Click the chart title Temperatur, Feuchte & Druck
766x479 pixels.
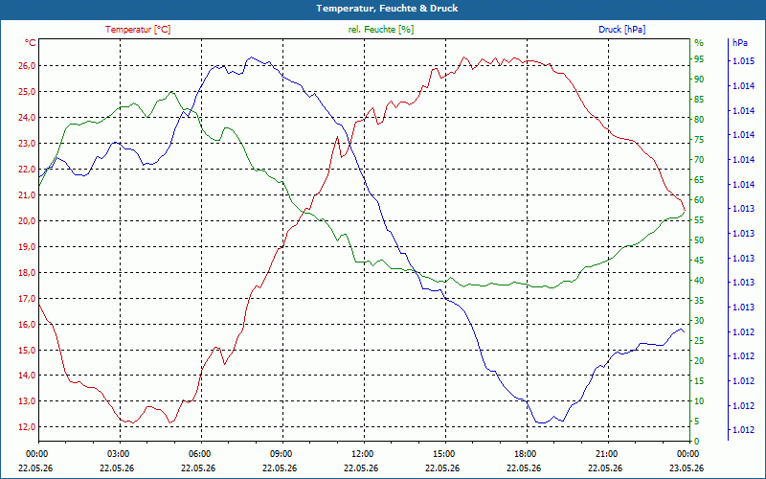coord(387,9)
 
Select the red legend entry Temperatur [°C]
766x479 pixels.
coord(138,30)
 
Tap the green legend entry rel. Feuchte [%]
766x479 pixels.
coord(380,30)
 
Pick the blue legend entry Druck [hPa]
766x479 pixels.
coord(621,30)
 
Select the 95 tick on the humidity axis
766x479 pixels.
coord(699,59)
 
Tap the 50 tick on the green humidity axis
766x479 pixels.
coord(699,240)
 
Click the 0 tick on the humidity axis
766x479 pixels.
coord(697,442)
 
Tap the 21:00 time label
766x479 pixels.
coord(608,454)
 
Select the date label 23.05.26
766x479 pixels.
coord(687,468)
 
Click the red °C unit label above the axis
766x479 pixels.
coord(31,43)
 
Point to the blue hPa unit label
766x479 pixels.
coord(740,43)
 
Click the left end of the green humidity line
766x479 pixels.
coord(39,186)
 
